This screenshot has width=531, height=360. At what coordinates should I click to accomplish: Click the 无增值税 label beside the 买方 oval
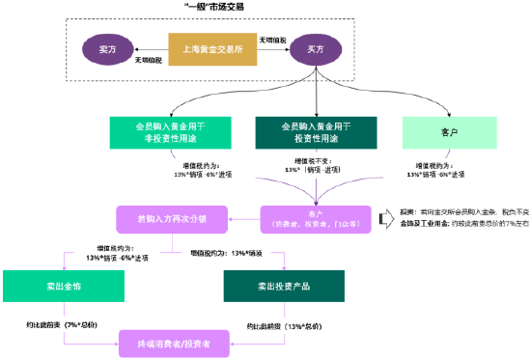click(271, 40)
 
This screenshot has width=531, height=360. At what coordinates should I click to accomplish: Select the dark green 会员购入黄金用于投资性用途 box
click(315, 131)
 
